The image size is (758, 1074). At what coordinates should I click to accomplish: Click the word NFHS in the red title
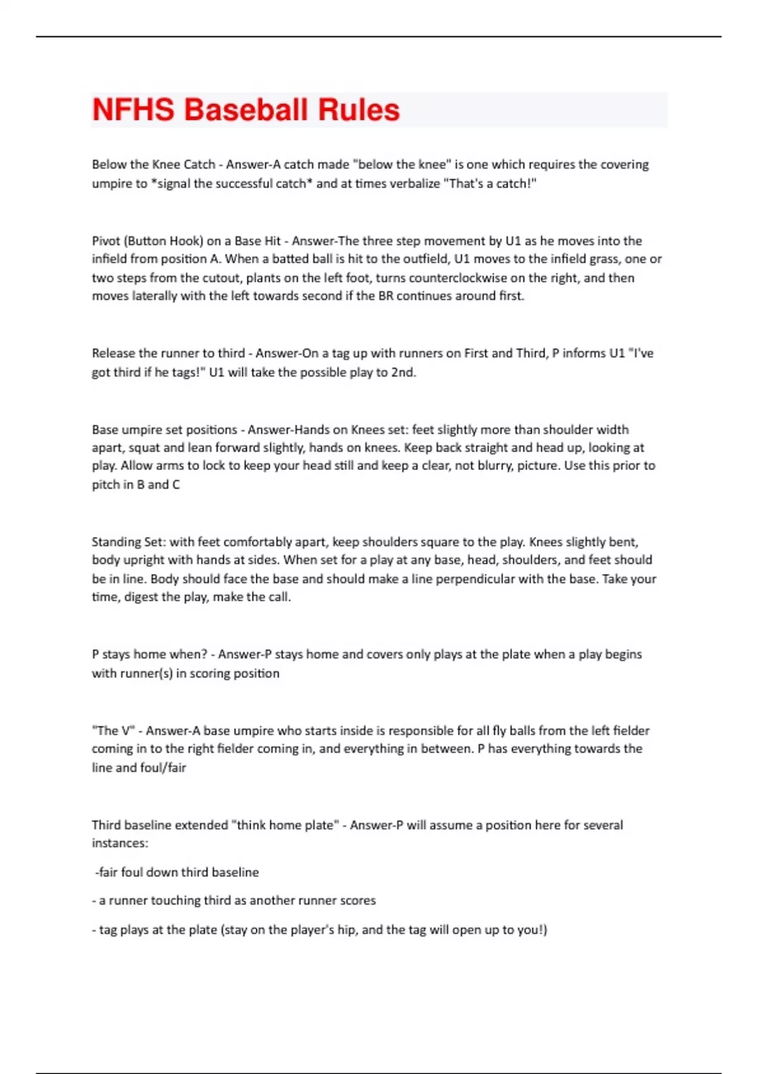pyautogui.click(x=133, y=110)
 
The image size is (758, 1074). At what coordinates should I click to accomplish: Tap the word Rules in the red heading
pyautogui.click(x=358, y=110)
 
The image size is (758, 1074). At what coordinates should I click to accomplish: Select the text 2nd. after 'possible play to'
pyautogui.click(x=404, y=372)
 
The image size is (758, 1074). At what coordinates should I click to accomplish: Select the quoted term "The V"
pyautogui.click(x=113, y=730)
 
